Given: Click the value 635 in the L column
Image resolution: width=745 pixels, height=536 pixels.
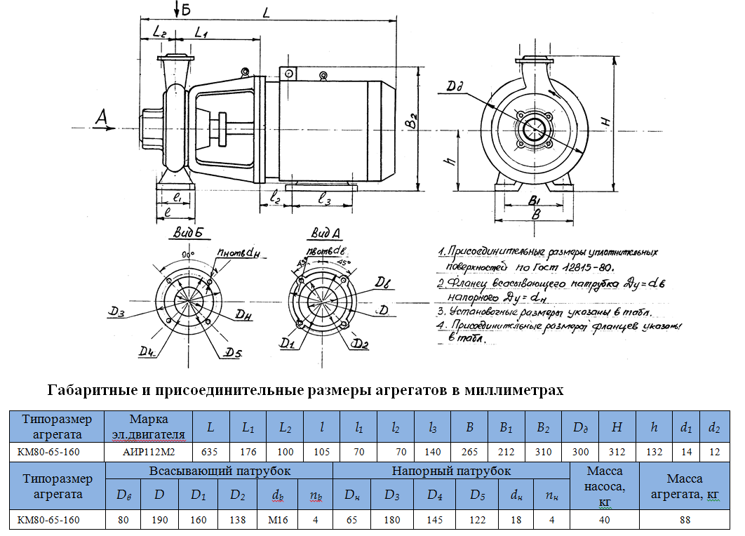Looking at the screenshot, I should click(209, 453).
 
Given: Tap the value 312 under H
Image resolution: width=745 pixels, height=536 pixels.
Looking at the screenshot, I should click(617, 453).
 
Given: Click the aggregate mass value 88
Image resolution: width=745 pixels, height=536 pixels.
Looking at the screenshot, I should click(685, 520).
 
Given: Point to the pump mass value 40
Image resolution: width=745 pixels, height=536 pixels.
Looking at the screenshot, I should click(604, 520).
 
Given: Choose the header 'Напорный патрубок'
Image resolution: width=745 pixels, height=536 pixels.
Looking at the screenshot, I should click(451, 471).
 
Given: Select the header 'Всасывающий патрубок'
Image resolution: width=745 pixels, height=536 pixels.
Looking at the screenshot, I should click(219, 471).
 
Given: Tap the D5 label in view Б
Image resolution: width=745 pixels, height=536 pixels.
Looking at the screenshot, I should click(232, 352).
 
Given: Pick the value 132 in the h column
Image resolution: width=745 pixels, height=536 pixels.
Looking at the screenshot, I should click(654, 453).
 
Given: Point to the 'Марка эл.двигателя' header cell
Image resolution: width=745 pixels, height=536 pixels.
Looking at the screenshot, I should click(148, 426).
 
